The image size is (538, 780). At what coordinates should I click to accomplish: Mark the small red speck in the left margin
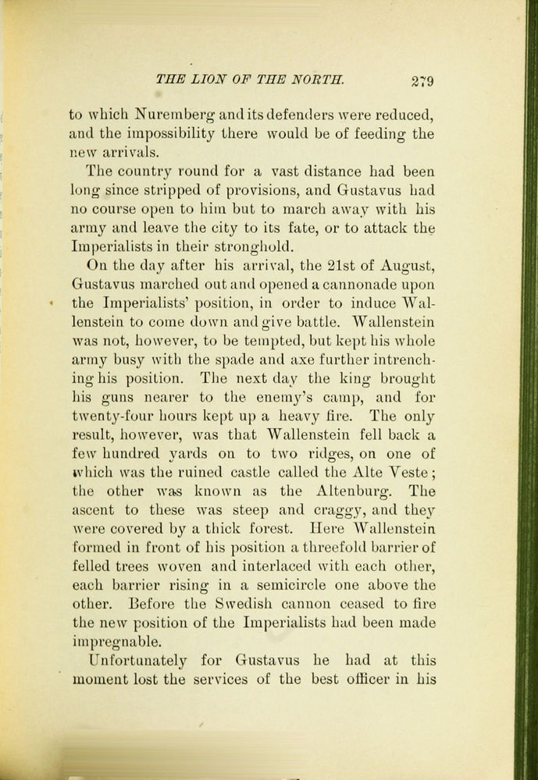(x=52, y=303)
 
